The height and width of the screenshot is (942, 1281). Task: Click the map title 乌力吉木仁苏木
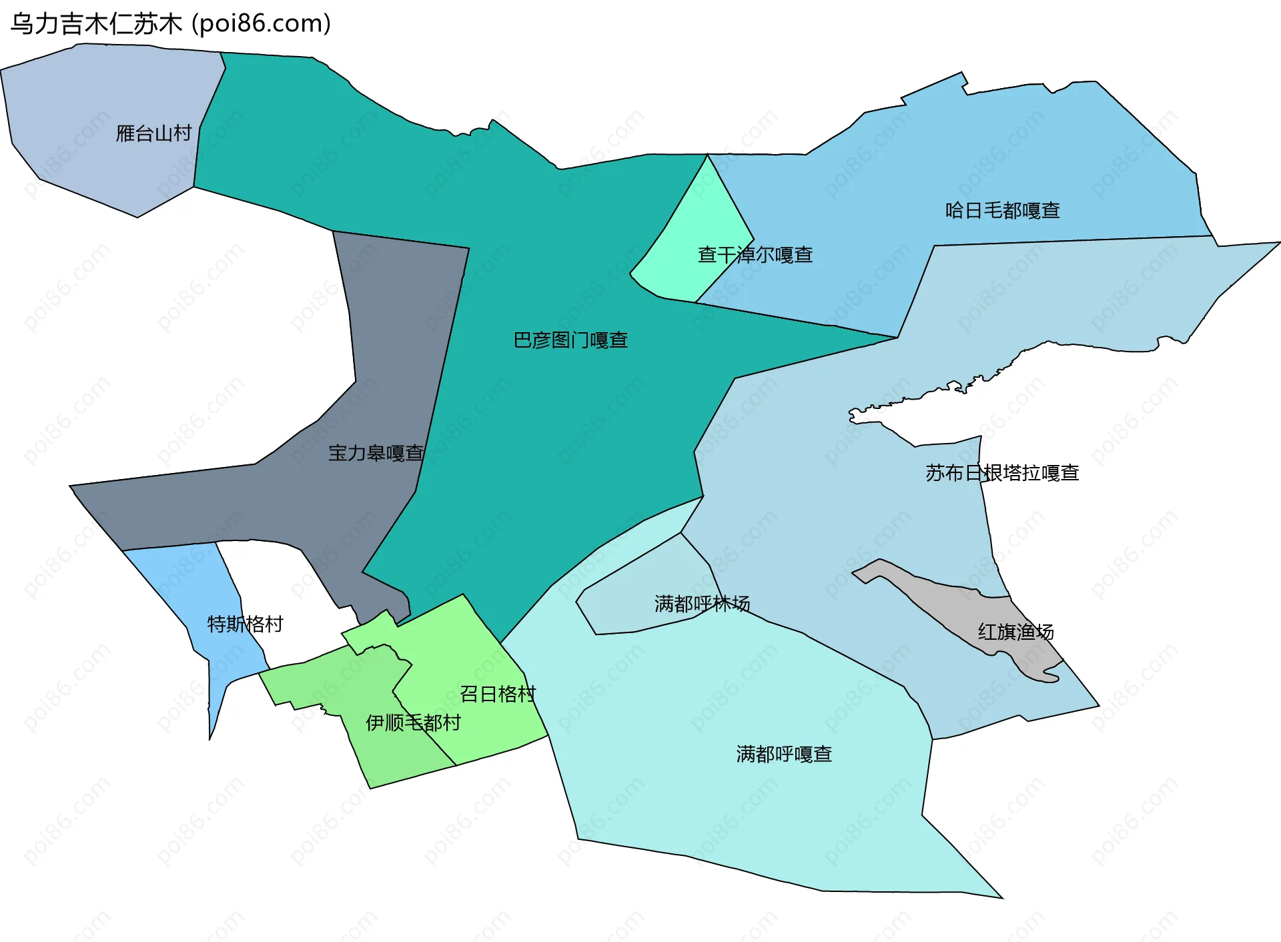click(x=96, y=24)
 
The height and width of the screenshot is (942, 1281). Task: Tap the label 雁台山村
click(x=153, y=133)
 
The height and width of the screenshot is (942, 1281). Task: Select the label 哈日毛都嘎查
click(x=1002, y=211)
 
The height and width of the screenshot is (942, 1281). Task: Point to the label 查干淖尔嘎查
click(x=755, y=255)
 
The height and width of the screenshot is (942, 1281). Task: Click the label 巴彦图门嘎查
click(x=570, y=340)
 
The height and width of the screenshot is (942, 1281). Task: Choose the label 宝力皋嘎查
click(x=376, y=454)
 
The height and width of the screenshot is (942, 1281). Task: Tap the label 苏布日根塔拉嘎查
click(x=1002, y=473)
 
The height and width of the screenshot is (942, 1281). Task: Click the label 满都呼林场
click(x=702, y=604)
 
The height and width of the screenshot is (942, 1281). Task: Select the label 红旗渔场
click(x=1015, y=632)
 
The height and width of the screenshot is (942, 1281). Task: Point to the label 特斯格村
click(x=245, y=624)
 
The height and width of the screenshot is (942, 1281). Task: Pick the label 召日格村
click(x=497, y=694)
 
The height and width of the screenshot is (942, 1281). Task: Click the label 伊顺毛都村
click(x=413, y=723)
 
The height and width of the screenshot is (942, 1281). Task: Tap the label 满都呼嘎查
click(x=784, y=754)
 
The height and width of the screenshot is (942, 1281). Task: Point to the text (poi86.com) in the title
click(x=262, y=24)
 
